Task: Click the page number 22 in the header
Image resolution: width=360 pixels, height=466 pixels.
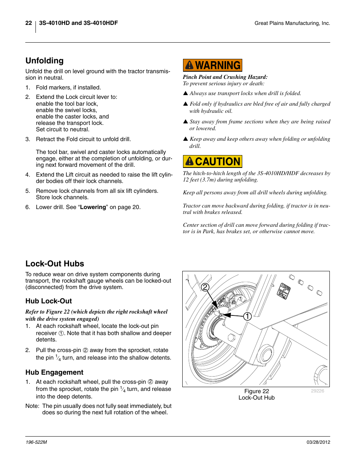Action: coord(29,23)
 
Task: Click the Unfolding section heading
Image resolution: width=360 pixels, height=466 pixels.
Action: coord(45,61)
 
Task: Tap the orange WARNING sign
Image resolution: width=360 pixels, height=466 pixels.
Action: coord(212,65)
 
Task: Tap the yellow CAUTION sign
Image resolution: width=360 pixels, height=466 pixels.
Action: coord(212,161)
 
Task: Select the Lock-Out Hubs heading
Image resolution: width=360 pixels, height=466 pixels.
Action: coord(55,264)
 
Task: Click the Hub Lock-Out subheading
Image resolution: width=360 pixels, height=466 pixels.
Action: coord(49,301)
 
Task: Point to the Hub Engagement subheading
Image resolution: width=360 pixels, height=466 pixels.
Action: coord(54,372)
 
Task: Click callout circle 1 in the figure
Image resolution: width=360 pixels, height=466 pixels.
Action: coord(247,316)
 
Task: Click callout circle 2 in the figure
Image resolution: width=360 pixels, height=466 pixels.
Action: coord(205,287)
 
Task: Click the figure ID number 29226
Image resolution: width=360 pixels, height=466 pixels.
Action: coord(317,391)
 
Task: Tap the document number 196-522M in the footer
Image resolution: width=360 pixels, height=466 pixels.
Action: coord(36,442)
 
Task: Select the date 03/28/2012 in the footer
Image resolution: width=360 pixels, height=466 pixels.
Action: coord(318,442)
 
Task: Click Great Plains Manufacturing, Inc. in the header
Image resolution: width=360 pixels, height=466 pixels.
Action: coord(292,23)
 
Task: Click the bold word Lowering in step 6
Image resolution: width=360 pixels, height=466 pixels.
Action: coord(93,207)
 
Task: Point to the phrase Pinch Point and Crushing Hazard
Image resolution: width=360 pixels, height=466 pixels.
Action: coord(225,77)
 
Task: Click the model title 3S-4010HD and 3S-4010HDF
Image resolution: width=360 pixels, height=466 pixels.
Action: coord(78,23)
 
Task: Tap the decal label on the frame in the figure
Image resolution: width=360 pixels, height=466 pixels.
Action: coord(284,291)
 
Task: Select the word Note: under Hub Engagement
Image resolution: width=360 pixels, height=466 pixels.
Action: coord(32,406)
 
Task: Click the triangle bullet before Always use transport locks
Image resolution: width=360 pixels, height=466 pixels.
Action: coord(185,93)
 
